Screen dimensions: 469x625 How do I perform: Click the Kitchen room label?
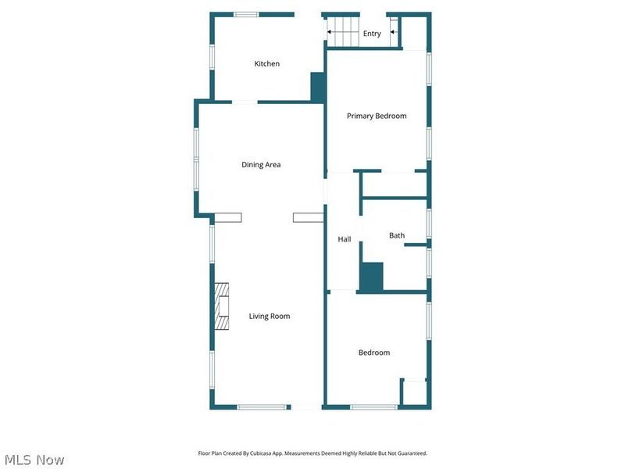coord(266,64)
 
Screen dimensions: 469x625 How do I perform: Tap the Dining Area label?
coord(261,165)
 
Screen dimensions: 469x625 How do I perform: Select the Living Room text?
coord(270,317)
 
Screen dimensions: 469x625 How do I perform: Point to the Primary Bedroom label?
coord(377,116)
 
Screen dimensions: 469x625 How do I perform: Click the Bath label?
coord(397,235)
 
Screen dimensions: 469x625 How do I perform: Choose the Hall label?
coord(345,239)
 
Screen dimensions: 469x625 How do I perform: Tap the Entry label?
coord(372,34)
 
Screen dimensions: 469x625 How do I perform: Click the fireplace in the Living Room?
coord(223,306)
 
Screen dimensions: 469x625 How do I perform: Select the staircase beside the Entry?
coord(341,33)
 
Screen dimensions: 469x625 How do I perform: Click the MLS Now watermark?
coord(34,460)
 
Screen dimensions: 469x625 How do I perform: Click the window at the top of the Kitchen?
coord(246,14)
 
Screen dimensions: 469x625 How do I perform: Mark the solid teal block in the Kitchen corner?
coord(317,86)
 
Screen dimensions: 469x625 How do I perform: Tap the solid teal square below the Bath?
coord(371,277)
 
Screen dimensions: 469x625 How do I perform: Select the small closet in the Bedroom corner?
coord(413,392)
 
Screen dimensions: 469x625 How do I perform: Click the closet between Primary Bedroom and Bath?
coord(395,184)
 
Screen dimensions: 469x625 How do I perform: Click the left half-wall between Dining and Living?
coord(228,218)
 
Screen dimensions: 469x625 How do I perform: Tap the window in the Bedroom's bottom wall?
coord(373,406)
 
